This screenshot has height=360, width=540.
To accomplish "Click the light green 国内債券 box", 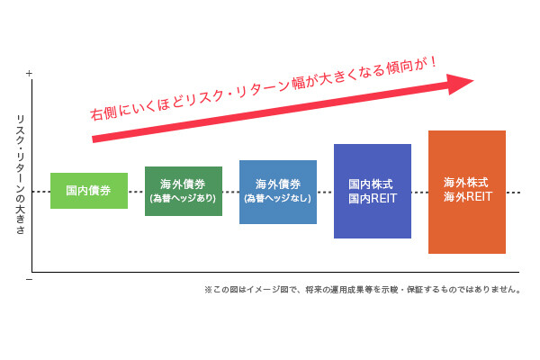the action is click(89, 191).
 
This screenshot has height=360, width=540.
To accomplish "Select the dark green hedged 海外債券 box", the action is click(184, 191).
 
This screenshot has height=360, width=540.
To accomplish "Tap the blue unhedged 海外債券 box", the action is click(278, 192).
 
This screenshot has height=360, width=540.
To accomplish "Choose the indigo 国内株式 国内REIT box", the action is click(373, 191).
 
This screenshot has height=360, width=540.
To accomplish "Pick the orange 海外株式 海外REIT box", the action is click(467, 192).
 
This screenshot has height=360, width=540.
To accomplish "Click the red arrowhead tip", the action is click(474, 81).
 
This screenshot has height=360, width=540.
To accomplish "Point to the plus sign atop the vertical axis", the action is click(29, 74).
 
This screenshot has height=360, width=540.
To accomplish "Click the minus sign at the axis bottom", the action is click(29, 279).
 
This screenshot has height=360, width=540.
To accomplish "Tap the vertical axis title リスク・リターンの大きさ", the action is click(21, 175).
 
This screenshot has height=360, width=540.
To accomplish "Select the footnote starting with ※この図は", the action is click(363, 290).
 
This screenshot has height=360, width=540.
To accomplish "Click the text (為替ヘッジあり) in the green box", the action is click(183, 198).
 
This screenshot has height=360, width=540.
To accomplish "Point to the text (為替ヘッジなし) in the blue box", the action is click(277, 198).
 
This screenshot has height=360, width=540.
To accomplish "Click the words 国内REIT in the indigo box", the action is click(373, 198).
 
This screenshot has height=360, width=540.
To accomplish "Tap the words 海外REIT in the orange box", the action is click(468, 197).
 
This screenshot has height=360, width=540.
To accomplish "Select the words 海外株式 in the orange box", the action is click(465, 182).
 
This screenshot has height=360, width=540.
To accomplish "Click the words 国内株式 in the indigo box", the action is click(371, 184).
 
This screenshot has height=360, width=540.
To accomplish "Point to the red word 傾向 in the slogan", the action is click(399, 67).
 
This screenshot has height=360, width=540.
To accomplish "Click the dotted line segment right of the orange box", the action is click(513, 193).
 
